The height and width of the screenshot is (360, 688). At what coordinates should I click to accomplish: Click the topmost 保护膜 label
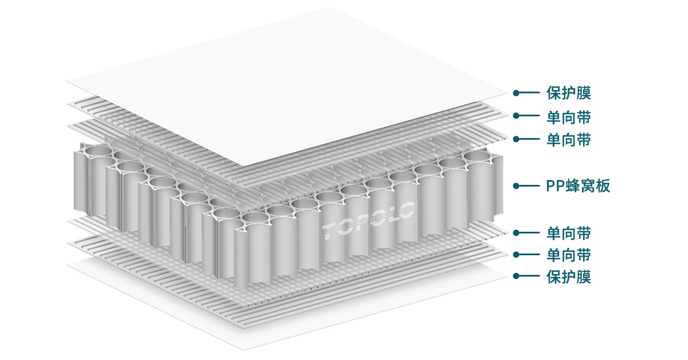pyautogui.click(x=569, y=92)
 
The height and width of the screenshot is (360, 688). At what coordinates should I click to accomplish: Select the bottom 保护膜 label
pyautogui.click(x=569, y=276)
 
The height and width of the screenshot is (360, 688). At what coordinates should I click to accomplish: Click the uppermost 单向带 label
pyautogui.click(x=569, y=116)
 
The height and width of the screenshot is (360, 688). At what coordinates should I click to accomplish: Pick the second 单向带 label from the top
pyautogui.click(x=569, y=139)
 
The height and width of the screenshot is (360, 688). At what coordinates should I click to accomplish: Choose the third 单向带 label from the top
pyautogui.click(x=569, y=233)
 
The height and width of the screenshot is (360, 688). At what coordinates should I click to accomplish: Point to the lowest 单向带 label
pyautogui.click(x=569, y=254)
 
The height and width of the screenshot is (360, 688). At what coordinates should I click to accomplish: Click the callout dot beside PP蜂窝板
pyautogui.click(x=516, y=186)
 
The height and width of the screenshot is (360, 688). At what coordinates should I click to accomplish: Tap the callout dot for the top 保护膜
pyautogui.click(x=516, y=92)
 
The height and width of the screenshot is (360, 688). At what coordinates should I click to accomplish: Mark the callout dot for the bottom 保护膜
pyautogui.click(x=516, y=276)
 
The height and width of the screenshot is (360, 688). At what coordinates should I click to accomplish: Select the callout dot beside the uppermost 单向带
pyautogui.click(x=516, y=116)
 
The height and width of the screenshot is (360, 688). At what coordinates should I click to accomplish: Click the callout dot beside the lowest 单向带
pyautogui.click(x=516, y=254)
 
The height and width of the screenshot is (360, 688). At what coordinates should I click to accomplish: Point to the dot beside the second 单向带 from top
pyautogui.click(x=516, y=139)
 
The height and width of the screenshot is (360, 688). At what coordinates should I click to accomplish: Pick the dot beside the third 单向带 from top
pyautogui.click(x=516, y=233)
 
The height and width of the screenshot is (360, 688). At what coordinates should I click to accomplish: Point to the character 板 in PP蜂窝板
pyautogui.click(x=602, y=186)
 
